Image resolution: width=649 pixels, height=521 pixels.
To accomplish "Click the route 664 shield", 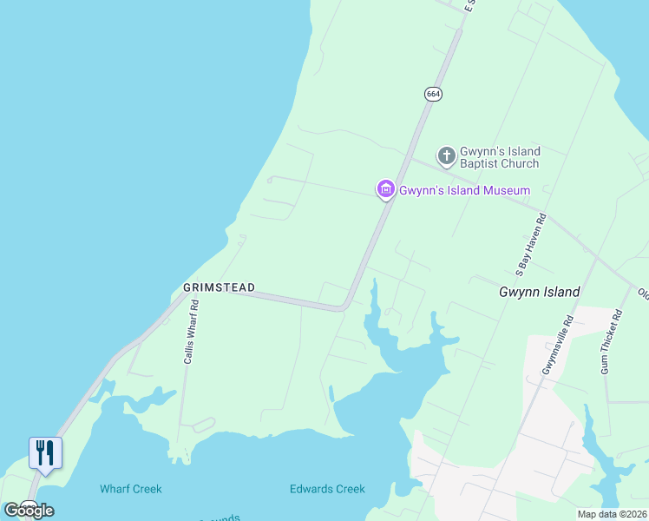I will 434,94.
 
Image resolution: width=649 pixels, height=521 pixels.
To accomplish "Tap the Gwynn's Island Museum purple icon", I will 385,189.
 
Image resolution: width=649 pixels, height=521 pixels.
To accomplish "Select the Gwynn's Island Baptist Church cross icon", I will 446,156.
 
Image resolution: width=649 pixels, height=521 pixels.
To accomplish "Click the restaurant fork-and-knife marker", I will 45,452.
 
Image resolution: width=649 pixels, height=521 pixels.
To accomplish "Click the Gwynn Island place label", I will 539,293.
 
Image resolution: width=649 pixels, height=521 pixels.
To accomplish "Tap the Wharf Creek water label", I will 130,489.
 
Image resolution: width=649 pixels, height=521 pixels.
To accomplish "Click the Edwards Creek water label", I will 327,489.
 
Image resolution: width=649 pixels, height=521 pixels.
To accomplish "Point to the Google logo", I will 29,510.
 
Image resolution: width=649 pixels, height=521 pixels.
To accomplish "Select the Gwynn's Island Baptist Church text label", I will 500,157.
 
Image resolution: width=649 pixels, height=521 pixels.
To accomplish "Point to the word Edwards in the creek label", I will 311,489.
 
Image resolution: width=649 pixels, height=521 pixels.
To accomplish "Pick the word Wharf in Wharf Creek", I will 115,489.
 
